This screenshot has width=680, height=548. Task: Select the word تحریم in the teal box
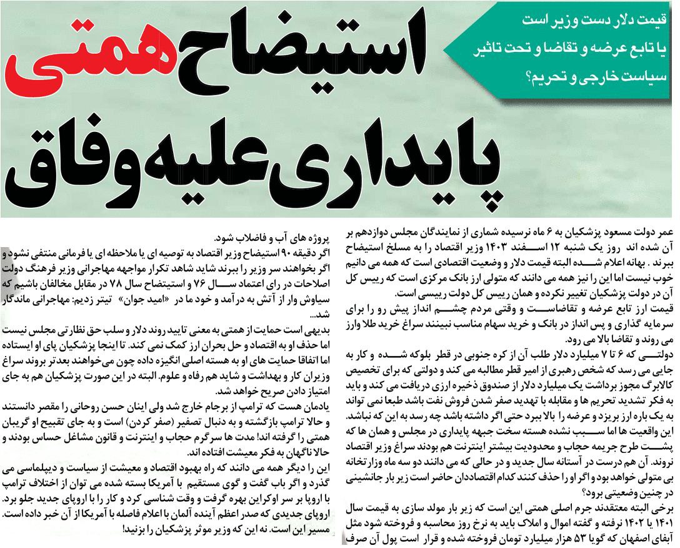[x=551, y=78]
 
